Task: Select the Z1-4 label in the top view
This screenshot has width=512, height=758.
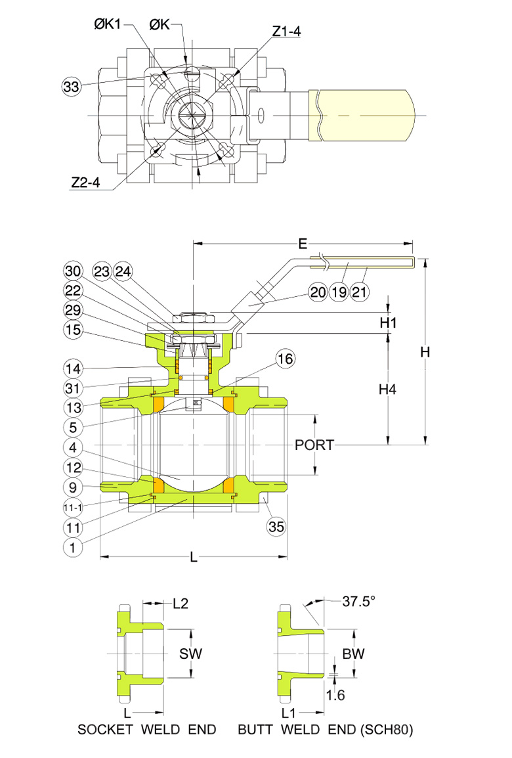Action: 286,31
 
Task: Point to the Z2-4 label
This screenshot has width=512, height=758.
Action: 85,183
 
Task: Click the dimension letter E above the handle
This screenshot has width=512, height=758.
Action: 303,244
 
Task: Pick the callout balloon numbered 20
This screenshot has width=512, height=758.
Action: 318,292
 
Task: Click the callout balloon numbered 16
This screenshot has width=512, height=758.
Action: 286,359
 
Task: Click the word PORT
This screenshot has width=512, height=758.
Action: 314,445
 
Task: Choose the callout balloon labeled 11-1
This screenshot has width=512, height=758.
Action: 72,508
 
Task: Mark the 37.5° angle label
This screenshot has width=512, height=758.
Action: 358,601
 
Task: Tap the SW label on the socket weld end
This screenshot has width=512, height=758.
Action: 190,654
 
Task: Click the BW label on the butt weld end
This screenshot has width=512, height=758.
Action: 354,654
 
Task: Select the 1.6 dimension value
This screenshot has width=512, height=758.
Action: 334,696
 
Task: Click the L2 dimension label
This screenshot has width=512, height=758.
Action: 181,603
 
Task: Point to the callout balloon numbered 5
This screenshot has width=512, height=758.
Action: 72,426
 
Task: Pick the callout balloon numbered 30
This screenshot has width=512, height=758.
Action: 72,271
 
